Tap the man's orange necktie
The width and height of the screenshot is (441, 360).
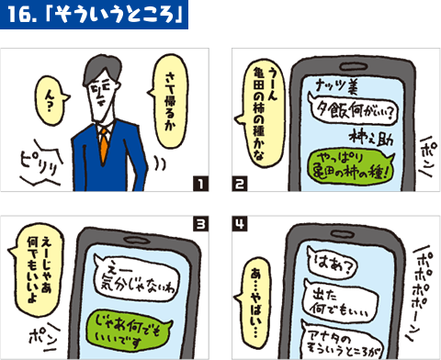[105, 142]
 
